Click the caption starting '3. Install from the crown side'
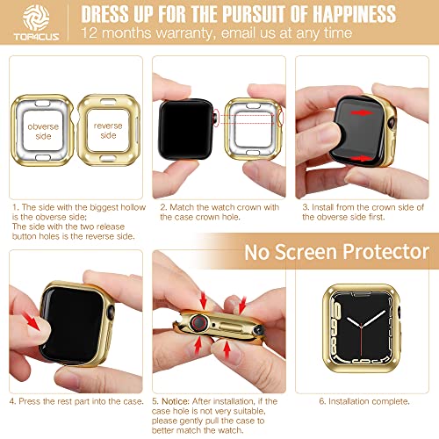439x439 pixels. click(362, 210)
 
